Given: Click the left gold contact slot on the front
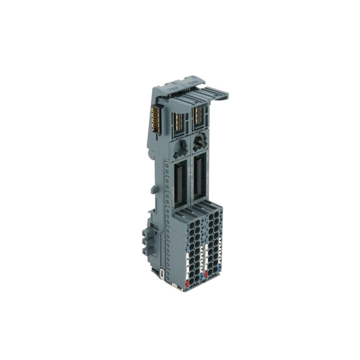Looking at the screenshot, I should tap(177, 120).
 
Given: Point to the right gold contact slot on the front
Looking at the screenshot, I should tap(199, 116).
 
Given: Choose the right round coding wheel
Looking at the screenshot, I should tap(198, 144).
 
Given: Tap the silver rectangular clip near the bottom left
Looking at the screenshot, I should tap(162, 274).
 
